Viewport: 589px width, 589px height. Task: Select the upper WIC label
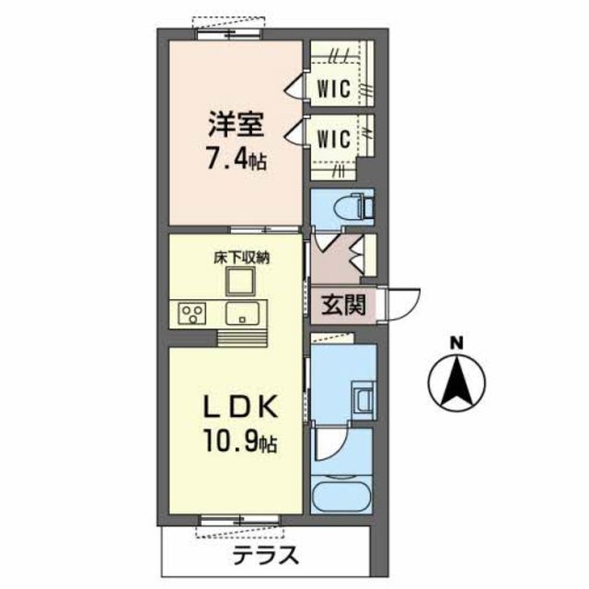tap(333, 89)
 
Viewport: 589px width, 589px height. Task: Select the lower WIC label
tap(333, 139)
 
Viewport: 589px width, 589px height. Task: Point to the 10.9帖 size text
tap(236, 444)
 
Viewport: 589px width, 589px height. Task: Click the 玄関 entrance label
tap(342, 305)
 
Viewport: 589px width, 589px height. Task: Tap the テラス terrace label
tap(266, 555)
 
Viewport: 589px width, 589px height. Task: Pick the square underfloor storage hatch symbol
tap(241, 282)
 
